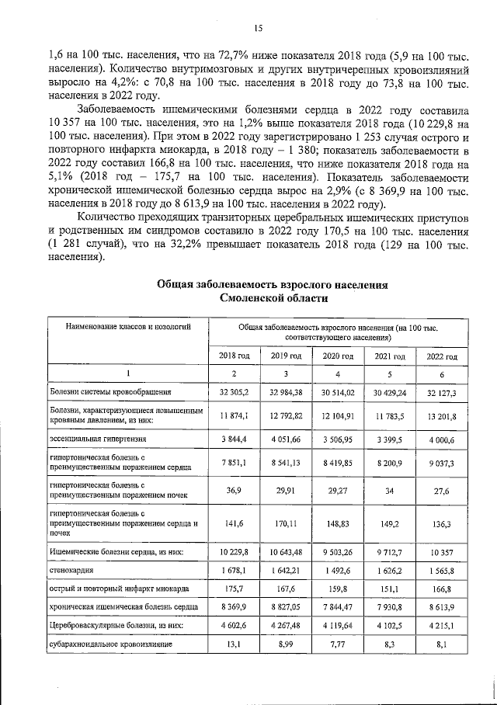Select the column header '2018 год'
pyautogui.click(x=234, y=356)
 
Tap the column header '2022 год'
pyautogui.click(x=441, y=356)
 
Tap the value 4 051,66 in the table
pyautogui.click(x=286, y=439)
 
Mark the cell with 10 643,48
pyautogui.click(x=286, y=552)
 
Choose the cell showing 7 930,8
pyautogui.click(x=390, y=606)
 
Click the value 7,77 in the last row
pyautogui.click(x=338, y=644)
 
